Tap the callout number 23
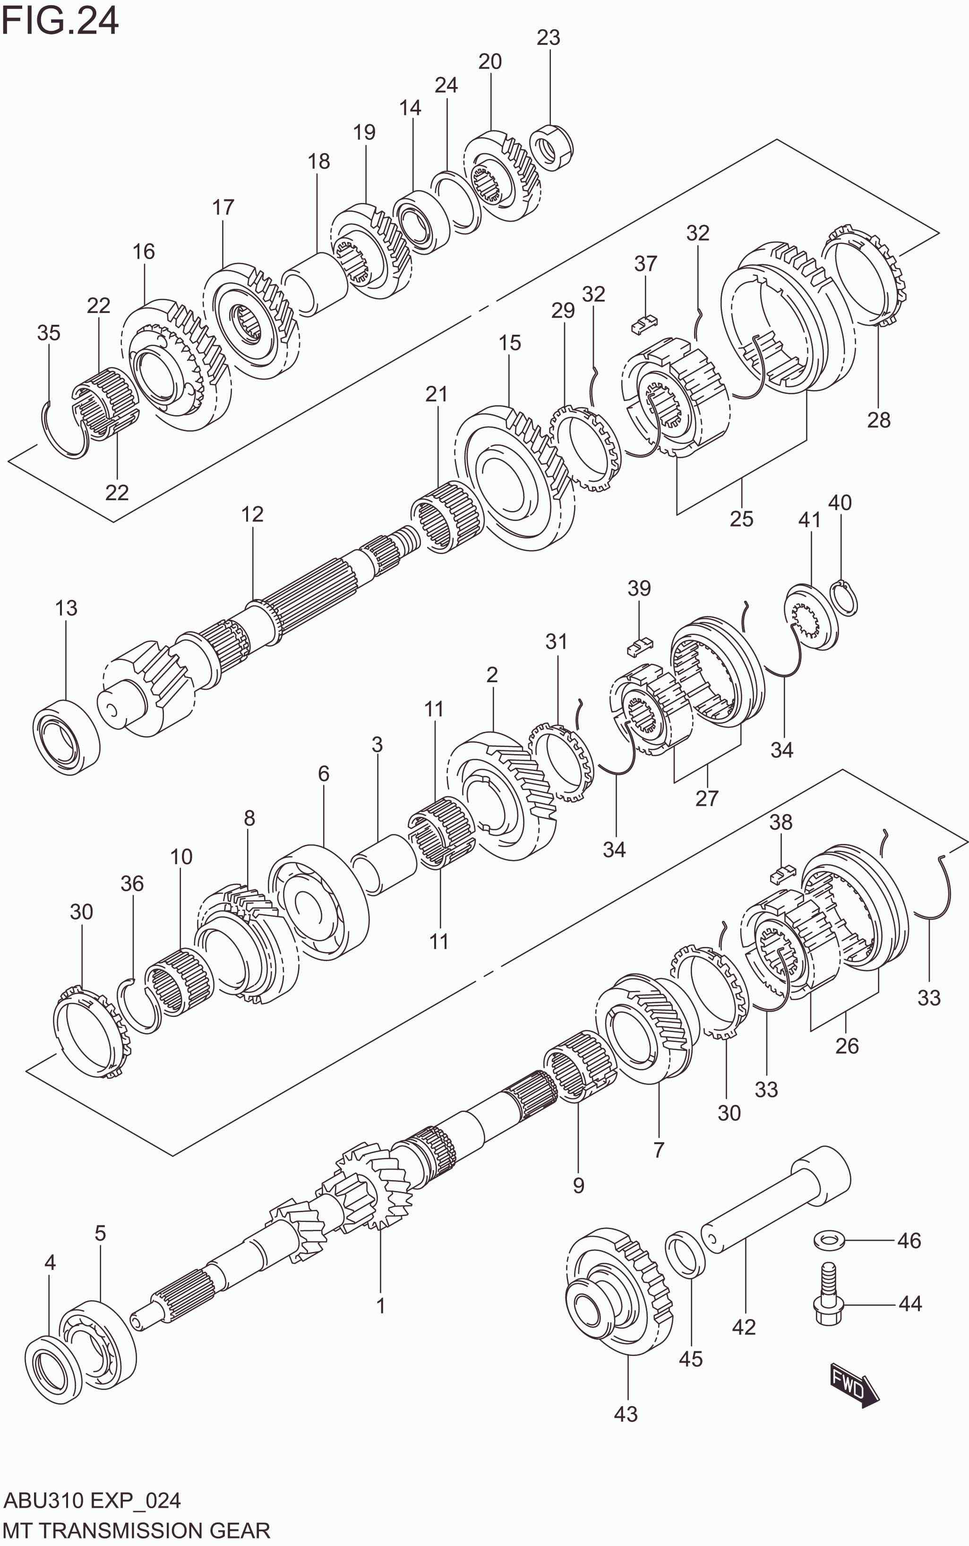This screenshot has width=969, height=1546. point(548,38)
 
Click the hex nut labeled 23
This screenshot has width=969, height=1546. point(552,148)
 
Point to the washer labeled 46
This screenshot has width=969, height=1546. point(829,1240)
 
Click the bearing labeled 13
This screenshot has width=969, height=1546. point(66,737)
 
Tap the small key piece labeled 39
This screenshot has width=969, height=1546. point(638,646)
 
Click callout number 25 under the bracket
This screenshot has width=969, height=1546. point(741,518)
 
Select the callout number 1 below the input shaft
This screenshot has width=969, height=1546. point(381,1305)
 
